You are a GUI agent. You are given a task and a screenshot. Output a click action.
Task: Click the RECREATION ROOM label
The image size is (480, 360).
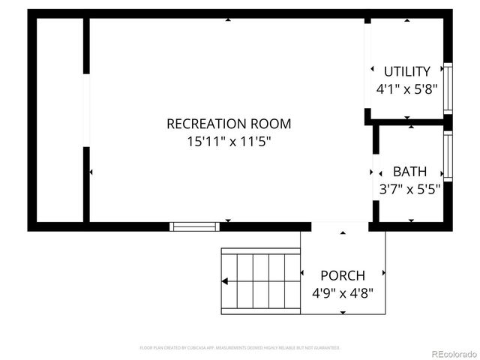228,124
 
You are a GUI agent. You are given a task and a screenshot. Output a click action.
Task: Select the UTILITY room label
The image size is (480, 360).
406,72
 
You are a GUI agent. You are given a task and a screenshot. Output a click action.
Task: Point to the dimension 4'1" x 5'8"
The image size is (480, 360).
406,88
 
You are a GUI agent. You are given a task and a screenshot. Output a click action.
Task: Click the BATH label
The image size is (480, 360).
409,172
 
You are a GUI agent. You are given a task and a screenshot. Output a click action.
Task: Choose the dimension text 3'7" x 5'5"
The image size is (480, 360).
409,189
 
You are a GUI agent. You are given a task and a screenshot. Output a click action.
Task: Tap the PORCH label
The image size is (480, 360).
342,275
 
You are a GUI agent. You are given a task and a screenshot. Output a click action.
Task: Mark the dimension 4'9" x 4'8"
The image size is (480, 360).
342,292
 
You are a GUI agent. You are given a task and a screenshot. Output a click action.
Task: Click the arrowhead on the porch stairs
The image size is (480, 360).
224,282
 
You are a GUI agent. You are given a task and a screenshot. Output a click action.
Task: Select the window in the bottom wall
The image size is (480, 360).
194,226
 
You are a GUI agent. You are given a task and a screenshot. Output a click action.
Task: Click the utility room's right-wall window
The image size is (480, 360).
448,88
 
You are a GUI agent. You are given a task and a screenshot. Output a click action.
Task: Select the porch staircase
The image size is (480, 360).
259,280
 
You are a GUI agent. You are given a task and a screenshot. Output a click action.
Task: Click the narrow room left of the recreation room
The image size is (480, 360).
58,120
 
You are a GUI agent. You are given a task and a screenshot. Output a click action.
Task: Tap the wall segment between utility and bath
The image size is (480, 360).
409,121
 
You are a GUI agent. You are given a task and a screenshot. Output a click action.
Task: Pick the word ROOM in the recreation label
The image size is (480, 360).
271,124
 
